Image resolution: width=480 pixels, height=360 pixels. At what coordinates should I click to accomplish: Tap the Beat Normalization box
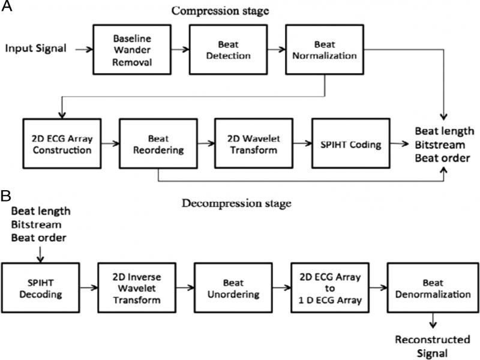[325, 49]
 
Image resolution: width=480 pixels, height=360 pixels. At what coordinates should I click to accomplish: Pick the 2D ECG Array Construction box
[58, 144]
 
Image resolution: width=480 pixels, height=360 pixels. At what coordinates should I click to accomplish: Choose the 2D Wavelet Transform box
[252, 144]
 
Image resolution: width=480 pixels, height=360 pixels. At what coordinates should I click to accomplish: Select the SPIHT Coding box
[349, 144]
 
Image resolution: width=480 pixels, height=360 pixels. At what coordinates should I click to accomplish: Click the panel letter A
[7, 7]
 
